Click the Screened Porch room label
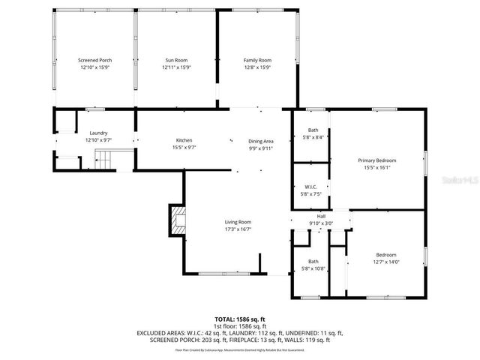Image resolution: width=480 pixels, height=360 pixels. click(94, 60)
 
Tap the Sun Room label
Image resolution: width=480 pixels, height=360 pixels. click(176, 60)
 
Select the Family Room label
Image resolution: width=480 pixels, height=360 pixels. click(257, 60)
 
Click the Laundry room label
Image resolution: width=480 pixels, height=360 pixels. click(98, 133)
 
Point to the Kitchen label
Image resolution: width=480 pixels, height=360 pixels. click(184, 140)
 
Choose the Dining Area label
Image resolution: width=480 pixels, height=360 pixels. click(261, 141)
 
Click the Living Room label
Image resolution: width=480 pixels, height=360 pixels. click(238, 222)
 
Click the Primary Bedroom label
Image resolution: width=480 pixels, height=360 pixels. click(376, 160)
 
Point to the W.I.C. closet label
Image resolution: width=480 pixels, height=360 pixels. click(311, 187)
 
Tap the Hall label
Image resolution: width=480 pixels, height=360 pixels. click(320, 216)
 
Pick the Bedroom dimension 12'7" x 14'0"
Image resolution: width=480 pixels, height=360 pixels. click(386, 262)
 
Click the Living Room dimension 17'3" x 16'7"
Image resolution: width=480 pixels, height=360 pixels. click(238, 229)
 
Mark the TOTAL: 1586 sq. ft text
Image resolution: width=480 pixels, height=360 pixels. click(239, 319)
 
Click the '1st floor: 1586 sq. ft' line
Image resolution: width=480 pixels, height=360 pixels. click(239, 326)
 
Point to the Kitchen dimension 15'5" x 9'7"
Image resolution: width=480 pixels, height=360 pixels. click(184, 147)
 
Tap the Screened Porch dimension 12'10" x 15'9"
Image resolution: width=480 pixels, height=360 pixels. click(94, 67)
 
